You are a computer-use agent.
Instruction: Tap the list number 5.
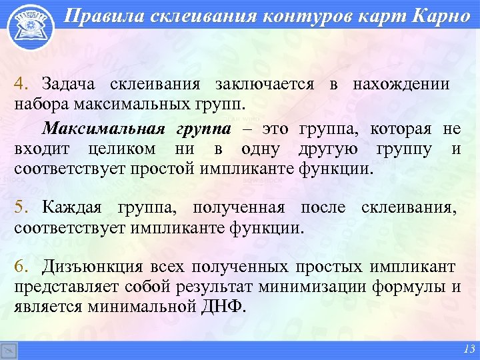pyautogui.click(x=21, y=207)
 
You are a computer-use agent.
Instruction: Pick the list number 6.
pyautogui.click(x=21, y=267)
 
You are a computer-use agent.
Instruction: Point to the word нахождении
pyautogui.click(x=401, y=84)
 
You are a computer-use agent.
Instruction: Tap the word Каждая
pyautogui.click(x=71, y=207)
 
